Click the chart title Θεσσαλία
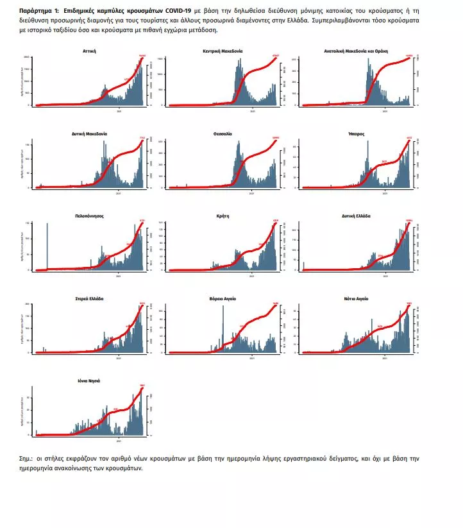[x=223, y=133]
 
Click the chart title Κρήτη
[x=223, y=216]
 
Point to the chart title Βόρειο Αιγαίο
[x=223, y=299]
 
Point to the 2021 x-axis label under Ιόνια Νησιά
[x=118, y=441]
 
